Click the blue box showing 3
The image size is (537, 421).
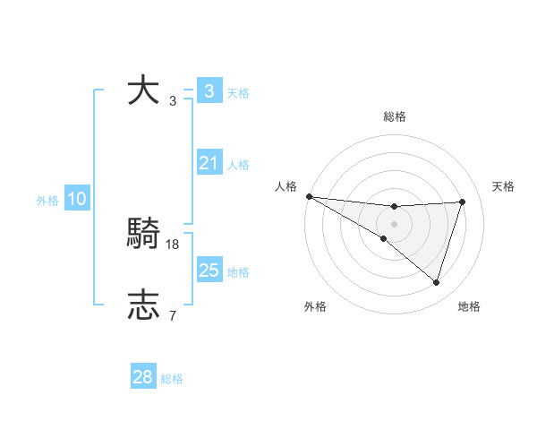pos(209,91)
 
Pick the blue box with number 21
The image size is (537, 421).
pos(209,163)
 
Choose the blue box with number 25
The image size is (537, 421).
pos(209,271)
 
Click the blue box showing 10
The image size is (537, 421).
pos(76,200)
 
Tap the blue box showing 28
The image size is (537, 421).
pos(142,378)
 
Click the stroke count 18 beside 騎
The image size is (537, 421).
pos(174,244)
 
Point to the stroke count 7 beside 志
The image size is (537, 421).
pos(172,315)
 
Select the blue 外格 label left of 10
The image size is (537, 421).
pos(47,201)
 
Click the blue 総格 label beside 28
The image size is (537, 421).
pos(172,379)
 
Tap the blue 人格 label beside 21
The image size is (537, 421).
pos(238,165)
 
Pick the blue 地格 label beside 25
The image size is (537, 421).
pos(238,272)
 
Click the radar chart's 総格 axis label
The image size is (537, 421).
pos(394,116)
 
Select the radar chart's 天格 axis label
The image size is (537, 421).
pos(503,186)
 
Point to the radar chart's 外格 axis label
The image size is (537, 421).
pos(315,306)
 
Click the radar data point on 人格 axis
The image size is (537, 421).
pos(309,195)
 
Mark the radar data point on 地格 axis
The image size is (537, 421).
pos(436,282)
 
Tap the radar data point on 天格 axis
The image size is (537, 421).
pos(463,202)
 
